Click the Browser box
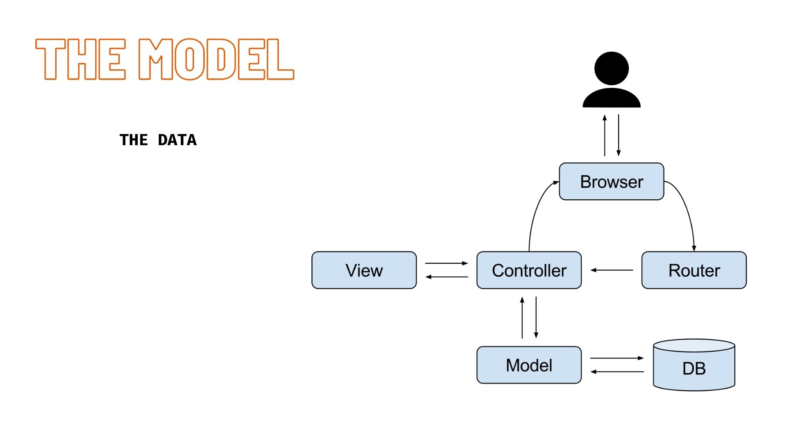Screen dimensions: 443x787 [611, 181]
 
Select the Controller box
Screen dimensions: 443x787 [529, 270]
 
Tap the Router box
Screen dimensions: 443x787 [694, 270]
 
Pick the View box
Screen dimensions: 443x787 [364, 270]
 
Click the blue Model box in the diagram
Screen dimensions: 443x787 [529, 365]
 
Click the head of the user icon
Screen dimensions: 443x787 [611, 69]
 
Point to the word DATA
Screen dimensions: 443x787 [177, 140]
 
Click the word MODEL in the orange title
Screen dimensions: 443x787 [216, 59]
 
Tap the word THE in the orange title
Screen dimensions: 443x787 [80, 59]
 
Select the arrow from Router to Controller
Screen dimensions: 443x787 [612, 270]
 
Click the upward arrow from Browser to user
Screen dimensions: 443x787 [605, 135]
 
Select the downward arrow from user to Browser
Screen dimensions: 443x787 [619, 135]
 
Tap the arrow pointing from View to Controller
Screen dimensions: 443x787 [446, 263]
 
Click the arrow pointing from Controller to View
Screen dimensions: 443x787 [446, 277]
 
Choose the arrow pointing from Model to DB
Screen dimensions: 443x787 [617, 358]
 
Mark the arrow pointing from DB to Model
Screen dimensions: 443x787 [617, 372]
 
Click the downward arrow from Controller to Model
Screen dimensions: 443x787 [536, 317]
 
